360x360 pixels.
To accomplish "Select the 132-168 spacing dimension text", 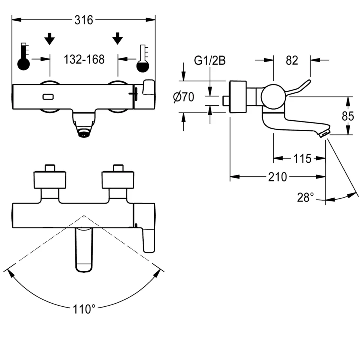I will click(84, 59).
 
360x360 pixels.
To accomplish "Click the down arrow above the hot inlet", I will click(49, 38).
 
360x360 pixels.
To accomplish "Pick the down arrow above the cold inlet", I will click(118, 38).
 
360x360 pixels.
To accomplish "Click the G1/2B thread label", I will click(210, 61).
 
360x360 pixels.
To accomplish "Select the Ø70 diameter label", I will click(183, 97).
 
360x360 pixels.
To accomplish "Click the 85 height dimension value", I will click(348, 116).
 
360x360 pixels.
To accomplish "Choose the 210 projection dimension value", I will click(278, 177).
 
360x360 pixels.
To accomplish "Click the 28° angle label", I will click(306, 197).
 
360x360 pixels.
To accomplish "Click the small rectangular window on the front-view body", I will click(48, 97).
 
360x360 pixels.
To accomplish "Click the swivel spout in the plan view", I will click(84, 249).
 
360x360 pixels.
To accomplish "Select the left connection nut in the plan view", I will click(50, 179).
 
